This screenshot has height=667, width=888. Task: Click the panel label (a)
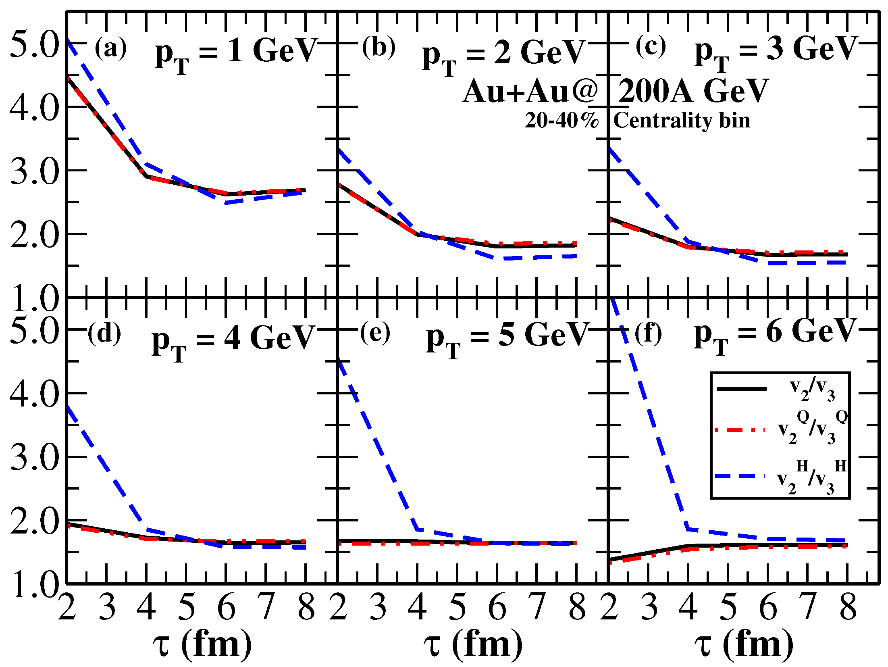(110, 48)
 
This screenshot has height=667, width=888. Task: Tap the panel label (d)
(104, 334)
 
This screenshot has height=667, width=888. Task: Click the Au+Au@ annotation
(530, 91)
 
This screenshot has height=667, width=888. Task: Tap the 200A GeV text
(693, 91)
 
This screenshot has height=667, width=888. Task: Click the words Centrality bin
(682, 121)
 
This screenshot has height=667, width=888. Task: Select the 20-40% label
(561, 121)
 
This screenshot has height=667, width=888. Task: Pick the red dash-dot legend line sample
(740, 430)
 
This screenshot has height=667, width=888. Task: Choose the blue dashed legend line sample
(740, 477)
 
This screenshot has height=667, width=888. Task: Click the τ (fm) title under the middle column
(473, 644)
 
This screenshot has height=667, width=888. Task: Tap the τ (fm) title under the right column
(744, 644)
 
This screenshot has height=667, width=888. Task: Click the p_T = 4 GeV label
(233, 341)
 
